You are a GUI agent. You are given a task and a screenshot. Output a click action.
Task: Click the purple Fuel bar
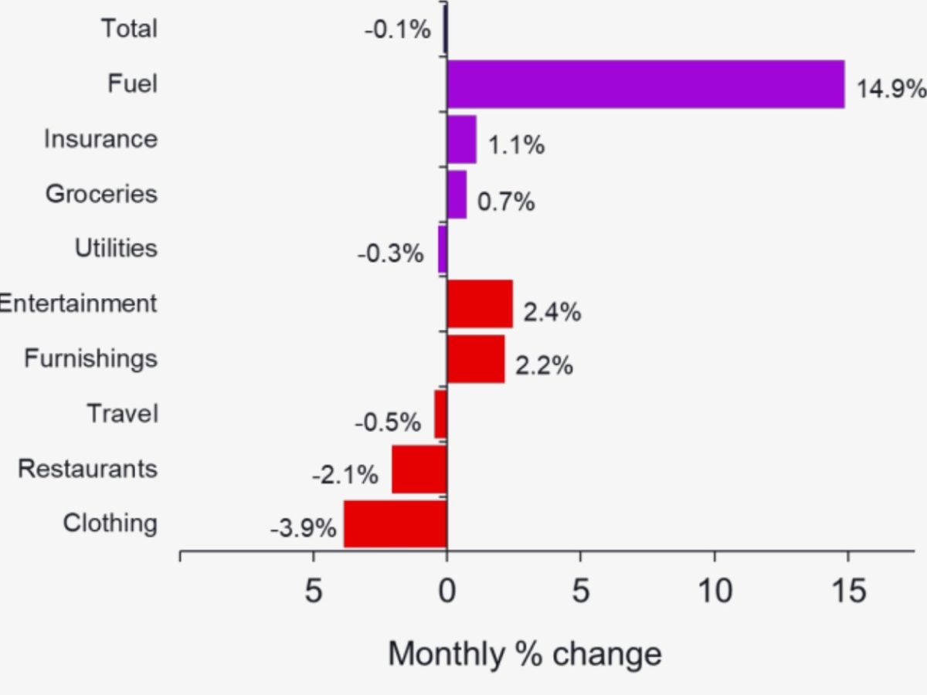point(645,84)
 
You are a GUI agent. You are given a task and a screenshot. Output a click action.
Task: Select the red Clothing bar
point(396,524)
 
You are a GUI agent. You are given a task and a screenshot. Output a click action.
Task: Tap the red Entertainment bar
point(480,303)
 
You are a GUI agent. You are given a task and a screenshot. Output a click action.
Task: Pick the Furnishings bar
point(476,359)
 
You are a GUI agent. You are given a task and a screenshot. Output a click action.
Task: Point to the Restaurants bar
point(419,469)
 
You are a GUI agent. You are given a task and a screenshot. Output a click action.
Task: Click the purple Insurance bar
point(461,140)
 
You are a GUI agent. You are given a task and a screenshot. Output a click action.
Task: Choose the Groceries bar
point(457,195)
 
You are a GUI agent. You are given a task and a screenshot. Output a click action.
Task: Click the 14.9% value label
point(891,89)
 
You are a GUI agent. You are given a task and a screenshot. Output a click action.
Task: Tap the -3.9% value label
point(303,529)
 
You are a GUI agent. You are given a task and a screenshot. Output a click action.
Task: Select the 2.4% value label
point(552,312)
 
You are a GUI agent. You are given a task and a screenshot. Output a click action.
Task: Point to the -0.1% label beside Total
point(396,30)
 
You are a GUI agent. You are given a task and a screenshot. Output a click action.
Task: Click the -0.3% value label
point(390,253)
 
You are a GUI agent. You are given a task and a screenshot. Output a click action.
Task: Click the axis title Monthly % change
point(525,653)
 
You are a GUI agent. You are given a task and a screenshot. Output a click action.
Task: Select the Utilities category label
point(116,248)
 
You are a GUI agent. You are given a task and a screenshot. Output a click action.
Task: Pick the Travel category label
point(122,413)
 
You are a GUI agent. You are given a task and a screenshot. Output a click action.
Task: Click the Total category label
point(129,29)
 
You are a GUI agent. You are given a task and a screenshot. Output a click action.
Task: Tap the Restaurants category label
point(87,468)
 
